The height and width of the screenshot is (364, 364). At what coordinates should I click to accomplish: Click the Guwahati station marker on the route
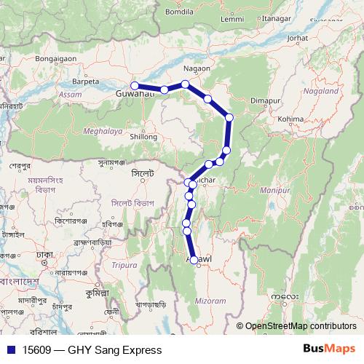(134, 87)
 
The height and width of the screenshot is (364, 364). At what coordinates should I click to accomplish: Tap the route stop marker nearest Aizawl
(194, 262)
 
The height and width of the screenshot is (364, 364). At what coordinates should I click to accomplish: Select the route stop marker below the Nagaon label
(186, 84)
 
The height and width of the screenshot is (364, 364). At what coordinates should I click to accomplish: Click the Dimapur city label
(264, 100)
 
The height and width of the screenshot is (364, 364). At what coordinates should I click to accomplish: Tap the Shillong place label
(143, 136)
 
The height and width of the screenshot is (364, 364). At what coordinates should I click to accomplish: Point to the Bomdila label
(179, 12)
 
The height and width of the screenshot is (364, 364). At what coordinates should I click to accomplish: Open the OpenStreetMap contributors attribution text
(300, 326)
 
